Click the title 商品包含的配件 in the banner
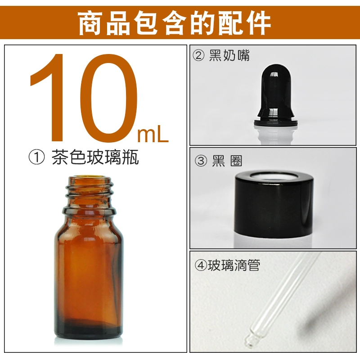pos(175,23)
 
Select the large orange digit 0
pos(108,98)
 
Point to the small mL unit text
pos(153,136)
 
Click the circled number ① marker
pos(36,157)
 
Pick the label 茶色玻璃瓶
pos(95,157)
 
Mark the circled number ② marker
pos(198,56)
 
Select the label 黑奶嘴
pos(229,55)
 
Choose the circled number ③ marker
pos(201,161)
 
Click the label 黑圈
pos(227,161)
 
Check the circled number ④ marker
pos(201,265)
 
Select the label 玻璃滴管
pos(234,265)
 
